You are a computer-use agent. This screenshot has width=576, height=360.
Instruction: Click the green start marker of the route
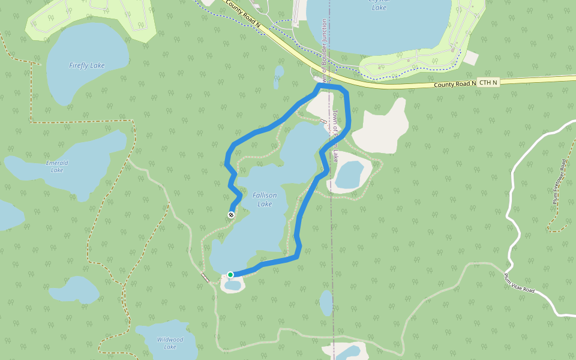point(230,275)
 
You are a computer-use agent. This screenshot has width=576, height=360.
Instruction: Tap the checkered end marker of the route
point(231,215)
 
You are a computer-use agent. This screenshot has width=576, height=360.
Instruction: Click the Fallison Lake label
point(265,200)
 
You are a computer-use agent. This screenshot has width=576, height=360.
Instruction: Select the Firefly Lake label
point(87,65)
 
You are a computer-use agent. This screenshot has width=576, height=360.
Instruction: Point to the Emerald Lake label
point(57,166)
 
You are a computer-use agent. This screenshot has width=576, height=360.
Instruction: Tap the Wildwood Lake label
point(170,343)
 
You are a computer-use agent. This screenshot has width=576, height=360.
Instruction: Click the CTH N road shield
point(489,82)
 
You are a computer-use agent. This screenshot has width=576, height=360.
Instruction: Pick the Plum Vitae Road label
point(519,283)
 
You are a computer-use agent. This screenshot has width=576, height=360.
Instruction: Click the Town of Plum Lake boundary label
point(335,136)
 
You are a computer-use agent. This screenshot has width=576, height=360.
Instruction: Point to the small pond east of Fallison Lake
point(349,175)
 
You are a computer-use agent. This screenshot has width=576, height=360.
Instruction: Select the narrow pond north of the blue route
point(279,74)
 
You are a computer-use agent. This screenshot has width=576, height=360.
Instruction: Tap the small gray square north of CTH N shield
point(471,58)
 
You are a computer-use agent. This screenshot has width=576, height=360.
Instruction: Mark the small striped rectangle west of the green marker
point(206,278)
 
